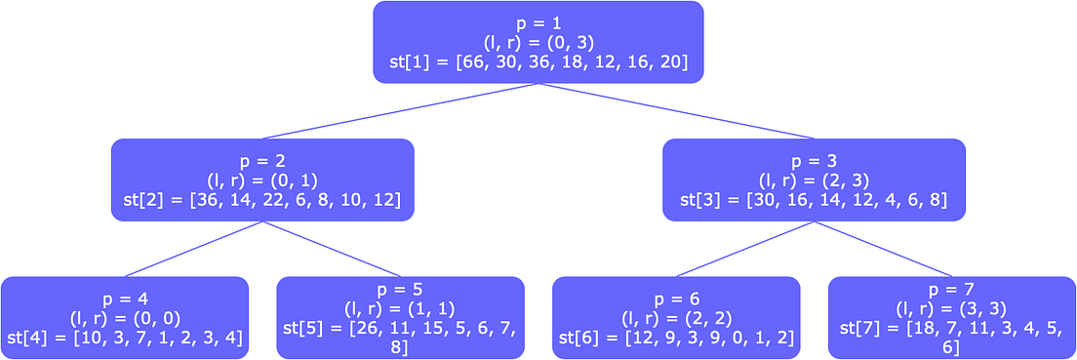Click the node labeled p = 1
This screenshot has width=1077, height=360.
pos(538,42)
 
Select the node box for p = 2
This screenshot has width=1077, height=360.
pos(262,180)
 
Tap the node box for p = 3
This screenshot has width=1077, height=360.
pos(814,180)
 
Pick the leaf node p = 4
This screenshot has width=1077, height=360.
pos(125,317)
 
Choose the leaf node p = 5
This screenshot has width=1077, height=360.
pos(400,317)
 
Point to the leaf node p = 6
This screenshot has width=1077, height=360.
pos(676,317)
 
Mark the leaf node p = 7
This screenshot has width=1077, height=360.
pos(951,317)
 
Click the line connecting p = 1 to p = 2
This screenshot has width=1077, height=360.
pos(400,111)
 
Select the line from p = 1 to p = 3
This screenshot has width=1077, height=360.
pos(675,111)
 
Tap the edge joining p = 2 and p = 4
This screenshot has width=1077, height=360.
pos(193,249)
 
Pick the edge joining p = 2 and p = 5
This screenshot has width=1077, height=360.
pos(332,249)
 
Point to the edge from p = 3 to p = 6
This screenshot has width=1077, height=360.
pos(744,249)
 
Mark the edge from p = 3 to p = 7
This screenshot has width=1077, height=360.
pos(883,249)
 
